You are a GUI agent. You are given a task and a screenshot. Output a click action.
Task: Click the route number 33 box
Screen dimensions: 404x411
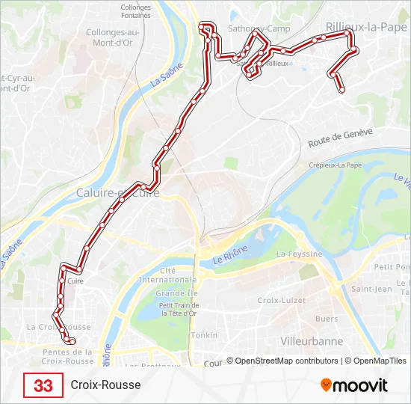pyautogui.click(x=43, y=385)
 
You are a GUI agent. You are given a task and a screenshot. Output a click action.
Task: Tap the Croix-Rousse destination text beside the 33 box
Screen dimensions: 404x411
pyautogui.click(x=105, y=385)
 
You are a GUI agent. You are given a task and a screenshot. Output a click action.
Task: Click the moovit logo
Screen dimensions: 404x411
pyautogui.click(x=354, y=385)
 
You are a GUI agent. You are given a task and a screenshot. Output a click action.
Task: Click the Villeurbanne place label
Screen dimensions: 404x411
pyautogui.click(x=311, y=341)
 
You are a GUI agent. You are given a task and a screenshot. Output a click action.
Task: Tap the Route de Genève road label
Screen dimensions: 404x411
pyautogui.click(x=340, y=138)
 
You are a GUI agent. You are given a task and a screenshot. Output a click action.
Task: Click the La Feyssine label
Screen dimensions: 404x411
pyautogui.click(x=300, y=254)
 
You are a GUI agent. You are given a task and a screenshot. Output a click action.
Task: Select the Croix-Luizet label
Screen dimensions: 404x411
pyautogui.click(x=278, y=300)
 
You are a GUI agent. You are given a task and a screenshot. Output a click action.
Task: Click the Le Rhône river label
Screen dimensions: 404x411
pyautogui.click(x=229, y=257)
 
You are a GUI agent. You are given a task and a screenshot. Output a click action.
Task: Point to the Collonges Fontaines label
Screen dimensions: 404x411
pyautogui.click(x=135, y=11)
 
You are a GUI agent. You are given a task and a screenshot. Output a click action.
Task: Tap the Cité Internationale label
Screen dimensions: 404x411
pyautogui.click(x=178, y=275)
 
